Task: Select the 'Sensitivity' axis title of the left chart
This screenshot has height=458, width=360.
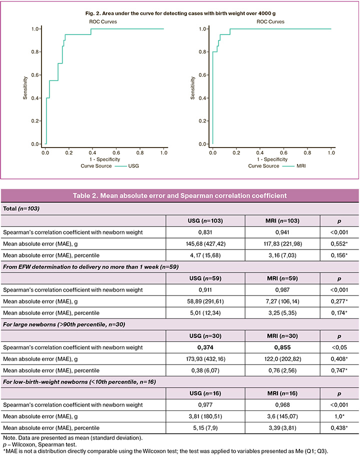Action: click(25, 86)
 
